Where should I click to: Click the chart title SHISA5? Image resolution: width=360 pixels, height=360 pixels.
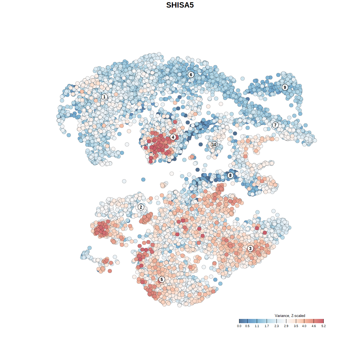click(180, 5)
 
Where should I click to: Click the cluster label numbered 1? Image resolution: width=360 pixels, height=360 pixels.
click(104, 97)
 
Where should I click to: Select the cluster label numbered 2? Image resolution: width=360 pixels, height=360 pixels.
click(141, 207)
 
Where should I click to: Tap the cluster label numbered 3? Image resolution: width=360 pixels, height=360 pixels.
click(250, 248)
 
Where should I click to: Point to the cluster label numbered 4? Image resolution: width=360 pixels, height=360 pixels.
click(173, 137)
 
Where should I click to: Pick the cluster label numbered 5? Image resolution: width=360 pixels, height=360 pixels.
click(161, 279)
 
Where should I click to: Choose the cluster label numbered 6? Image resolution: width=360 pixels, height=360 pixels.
click(191, 75)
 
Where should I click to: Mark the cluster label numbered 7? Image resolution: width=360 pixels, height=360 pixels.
click(275, 125)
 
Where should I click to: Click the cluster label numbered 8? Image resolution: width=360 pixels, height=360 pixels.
click(230, 175)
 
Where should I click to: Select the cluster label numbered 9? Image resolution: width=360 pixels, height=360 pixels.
click(285, 87)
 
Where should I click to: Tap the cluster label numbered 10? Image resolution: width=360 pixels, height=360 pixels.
click(214, 145)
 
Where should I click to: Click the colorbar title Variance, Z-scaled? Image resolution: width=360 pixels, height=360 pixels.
click(290, 316)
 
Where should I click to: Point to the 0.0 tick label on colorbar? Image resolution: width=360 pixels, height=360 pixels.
click(239, 326)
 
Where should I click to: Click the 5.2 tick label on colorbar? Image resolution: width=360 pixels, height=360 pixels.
click(323, 326)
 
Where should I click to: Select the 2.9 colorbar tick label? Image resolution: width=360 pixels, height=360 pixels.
click(286, 326)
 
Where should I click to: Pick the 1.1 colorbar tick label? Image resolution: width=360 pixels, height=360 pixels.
click(257, 326)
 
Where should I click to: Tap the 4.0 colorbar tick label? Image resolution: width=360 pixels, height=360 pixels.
click(304, 326)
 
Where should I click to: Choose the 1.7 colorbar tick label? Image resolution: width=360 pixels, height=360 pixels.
click(267, 326)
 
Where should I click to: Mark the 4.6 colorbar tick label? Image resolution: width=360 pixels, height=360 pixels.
click(314, 326)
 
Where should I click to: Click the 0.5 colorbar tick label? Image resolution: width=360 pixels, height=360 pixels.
click(247, 326)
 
